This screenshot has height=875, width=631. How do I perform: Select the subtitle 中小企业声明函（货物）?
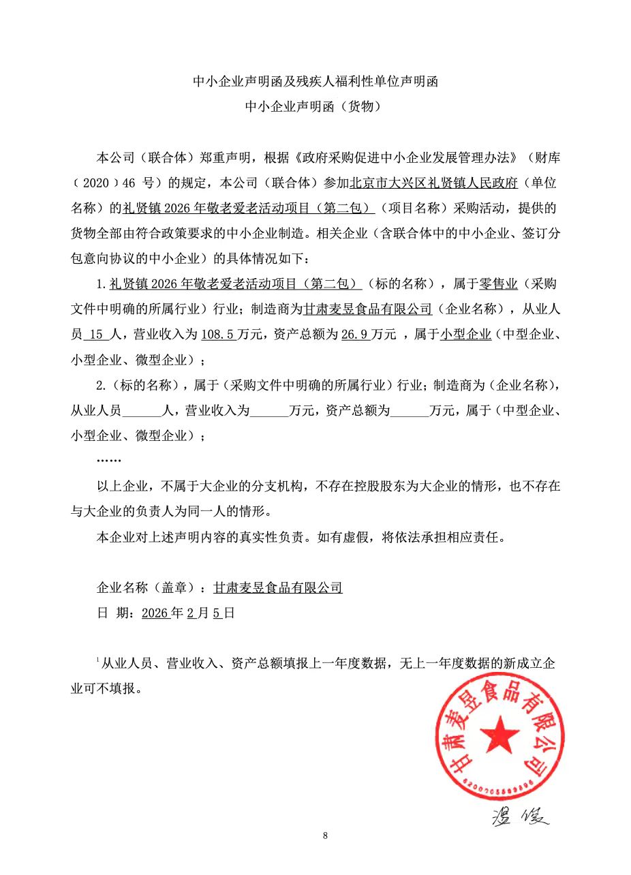(315, 106)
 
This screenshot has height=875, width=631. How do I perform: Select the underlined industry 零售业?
(499, 283)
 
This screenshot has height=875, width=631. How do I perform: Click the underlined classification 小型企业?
(466, 334)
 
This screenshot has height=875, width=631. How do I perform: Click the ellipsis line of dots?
(109, 461)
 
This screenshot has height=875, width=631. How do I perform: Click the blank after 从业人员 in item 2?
(142, 411)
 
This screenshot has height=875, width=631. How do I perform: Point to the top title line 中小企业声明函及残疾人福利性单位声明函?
(315, 82)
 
